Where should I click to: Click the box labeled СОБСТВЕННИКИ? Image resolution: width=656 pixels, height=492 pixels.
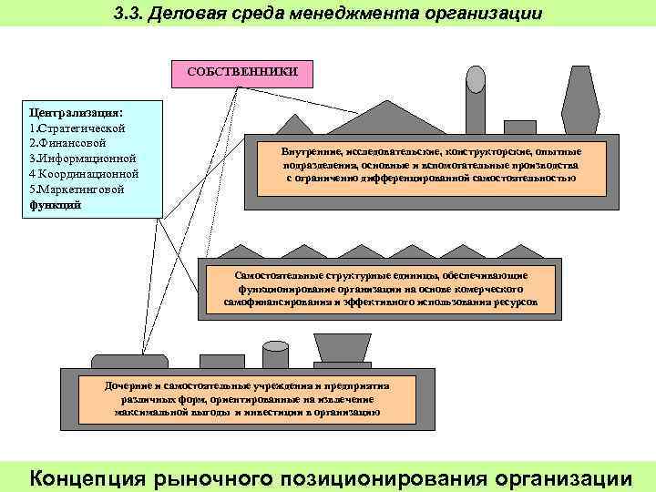point(236,70)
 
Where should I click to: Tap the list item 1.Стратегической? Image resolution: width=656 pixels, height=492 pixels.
point(78,128)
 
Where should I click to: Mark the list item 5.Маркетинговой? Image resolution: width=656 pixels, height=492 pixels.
point(77,189)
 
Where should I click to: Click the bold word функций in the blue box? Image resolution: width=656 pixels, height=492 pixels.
point(56,204)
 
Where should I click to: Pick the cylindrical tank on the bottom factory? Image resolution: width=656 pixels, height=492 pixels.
point(275,355)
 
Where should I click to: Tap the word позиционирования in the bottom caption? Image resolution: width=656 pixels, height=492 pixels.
point(379,477)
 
